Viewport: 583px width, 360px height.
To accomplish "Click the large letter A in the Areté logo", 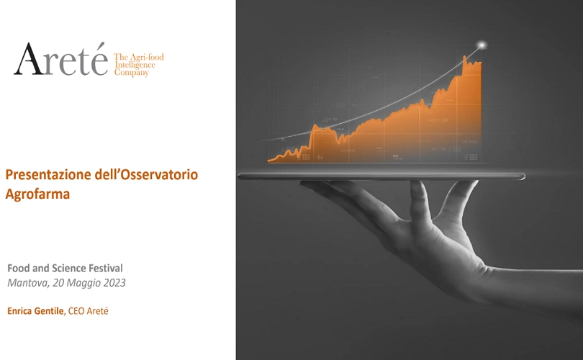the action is point(28,60).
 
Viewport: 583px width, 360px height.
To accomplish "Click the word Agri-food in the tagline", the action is point(147,58).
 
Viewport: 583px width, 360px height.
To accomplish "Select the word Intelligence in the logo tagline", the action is point(135,65).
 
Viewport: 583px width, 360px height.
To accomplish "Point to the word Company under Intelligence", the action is point(131,73).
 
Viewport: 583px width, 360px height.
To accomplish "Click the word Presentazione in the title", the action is point(48,174).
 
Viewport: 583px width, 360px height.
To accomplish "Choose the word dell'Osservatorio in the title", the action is point(147,174).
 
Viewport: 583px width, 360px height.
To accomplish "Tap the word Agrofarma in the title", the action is point(37,194).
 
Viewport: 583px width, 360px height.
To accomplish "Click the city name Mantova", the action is point(28,283).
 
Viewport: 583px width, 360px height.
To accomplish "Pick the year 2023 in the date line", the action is point(114,283).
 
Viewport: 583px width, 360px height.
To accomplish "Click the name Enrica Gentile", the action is point(36,311).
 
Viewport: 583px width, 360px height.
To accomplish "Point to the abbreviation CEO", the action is point(76,311).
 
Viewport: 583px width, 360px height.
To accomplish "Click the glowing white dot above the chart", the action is point(482,45).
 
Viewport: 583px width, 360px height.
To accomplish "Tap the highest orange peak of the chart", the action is point(464,57).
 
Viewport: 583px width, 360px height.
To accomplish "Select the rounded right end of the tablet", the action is point(522,176).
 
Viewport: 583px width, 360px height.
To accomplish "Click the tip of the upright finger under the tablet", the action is point(416,184).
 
